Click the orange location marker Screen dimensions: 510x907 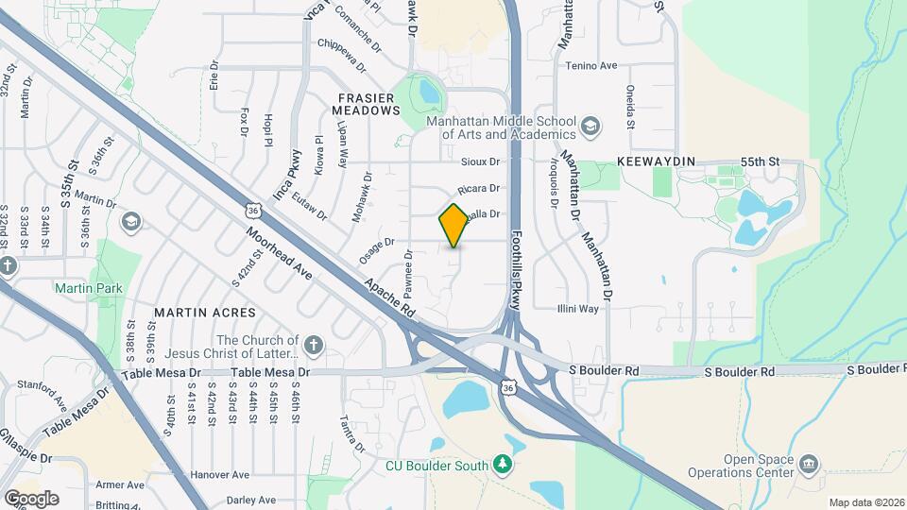pos(453,225)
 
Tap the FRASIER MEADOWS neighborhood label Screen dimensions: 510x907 pos(367,103)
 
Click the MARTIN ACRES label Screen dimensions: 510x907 pos(205,312)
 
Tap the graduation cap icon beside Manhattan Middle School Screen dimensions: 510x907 pos(590,126)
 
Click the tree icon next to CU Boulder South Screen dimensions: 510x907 pos(504,464)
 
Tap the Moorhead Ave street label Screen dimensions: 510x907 pos(279,254)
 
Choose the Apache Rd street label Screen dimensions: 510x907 pos(389,296)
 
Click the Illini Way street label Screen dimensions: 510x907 pos(576,308)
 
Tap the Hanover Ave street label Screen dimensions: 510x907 pos(218,475)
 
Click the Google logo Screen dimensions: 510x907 pos(31,498)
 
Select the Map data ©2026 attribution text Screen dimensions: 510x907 pos(865,502)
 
